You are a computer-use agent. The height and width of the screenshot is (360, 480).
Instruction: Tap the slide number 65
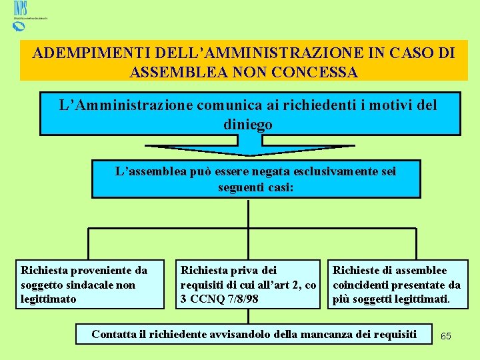(446, 336)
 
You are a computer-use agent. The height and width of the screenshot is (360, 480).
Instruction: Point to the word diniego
(248, 124)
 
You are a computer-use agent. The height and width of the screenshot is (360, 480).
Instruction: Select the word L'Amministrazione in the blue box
(114, 105)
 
